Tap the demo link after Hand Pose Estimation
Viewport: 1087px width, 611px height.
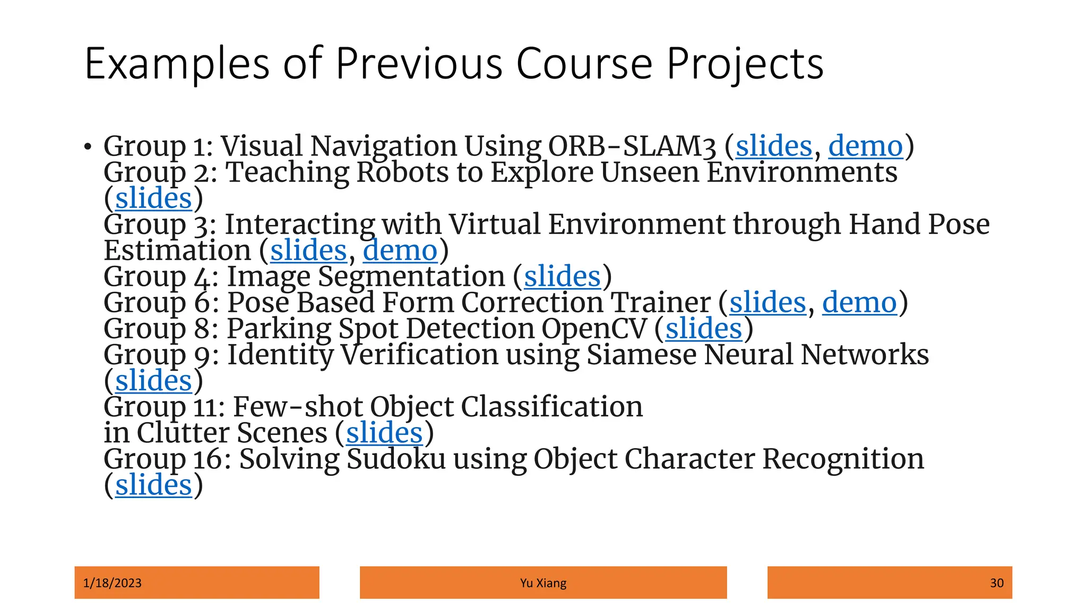tap(400, 250)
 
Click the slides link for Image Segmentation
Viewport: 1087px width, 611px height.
tap(562, 276)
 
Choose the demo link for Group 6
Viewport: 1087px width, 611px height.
tap(859, 302)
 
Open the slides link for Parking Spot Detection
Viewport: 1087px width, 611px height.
tap(704, 328)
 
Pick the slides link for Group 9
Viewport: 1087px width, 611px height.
tap(153, 381)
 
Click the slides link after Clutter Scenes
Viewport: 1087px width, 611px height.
tap(384, 433)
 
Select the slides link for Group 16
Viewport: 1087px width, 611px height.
tap(153, 485)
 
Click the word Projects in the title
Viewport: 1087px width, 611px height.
tap(745, 64)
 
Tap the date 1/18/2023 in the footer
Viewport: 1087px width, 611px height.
tap(113, 583)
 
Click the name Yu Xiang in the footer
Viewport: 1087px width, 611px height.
tap(543, 583)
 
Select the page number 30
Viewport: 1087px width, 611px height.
tap(996, 583)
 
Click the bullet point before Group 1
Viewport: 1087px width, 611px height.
tap(88, 147)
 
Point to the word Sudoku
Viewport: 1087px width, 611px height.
tap(396, 459)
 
